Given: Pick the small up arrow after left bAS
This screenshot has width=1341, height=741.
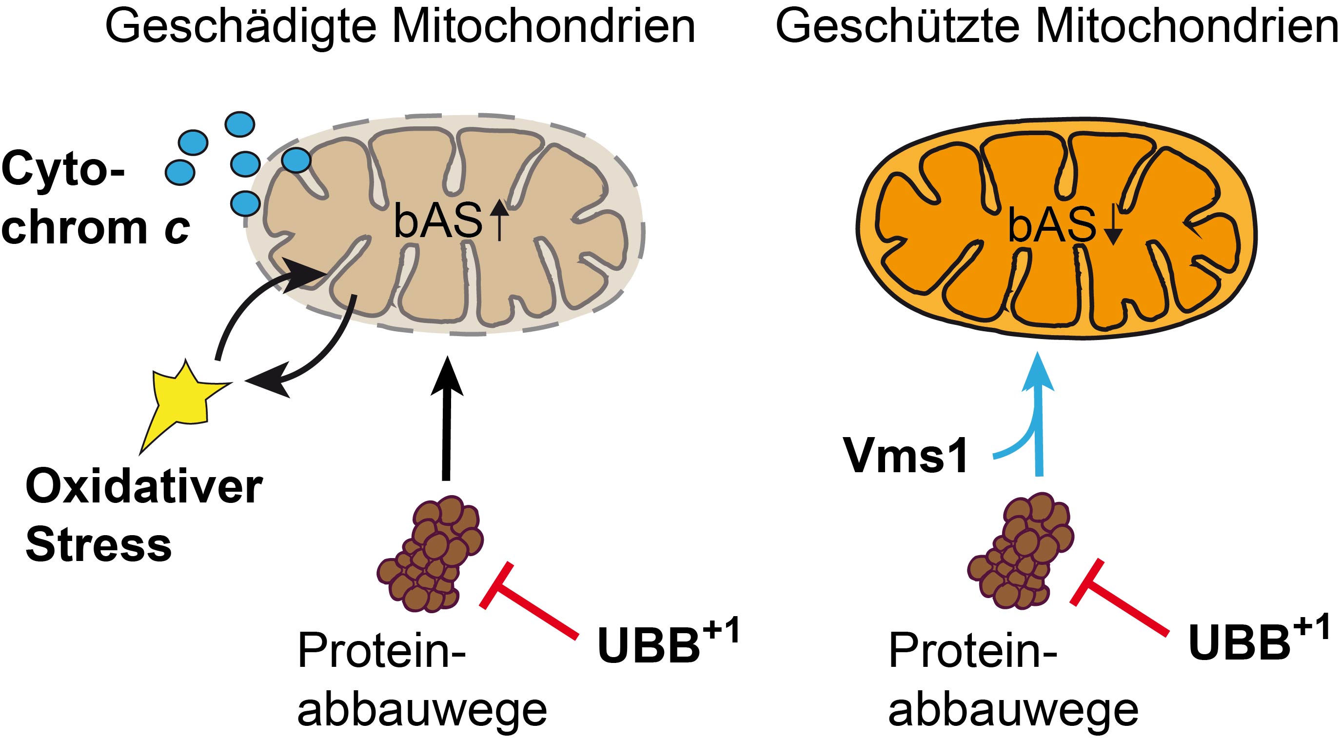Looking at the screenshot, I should click(x=499, y=221).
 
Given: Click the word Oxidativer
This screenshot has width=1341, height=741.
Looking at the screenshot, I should click(x=144, y=488).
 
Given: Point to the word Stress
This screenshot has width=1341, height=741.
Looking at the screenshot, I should click(x=99, y=545).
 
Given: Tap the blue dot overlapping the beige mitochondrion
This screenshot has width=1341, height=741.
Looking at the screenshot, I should click(x=297, y=160).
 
